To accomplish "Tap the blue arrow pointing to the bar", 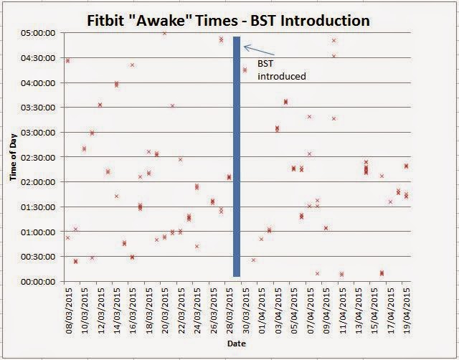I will click(259, 51).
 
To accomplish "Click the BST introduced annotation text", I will click(282, 70).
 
